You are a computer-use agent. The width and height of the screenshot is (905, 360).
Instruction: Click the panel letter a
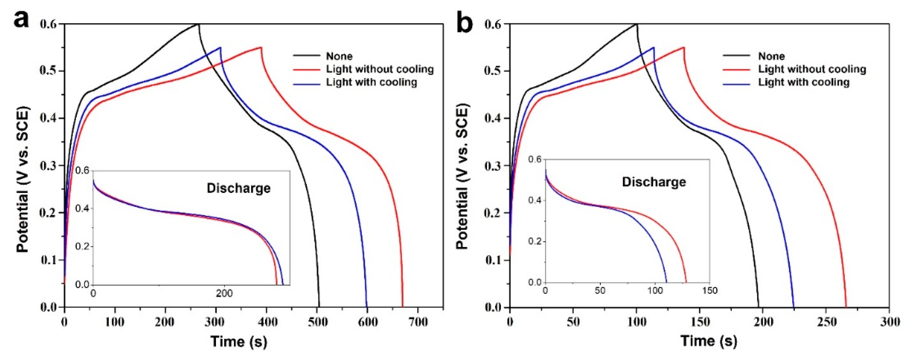[21, 19]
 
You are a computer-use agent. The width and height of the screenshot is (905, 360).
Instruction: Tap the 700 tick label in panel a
[418, 322]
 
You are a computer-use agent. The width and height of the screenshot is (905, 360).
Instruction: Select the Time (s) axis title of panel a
[239, 341]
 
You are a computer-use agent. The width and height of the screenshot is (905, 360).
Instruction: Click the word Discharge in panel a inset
[239, 188]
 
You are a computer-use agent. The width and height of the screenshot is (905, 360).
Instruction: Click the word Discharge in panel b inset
[654, 182]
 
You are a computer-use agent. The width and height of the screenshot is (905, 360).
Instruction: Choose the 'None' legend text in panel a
[339, 56]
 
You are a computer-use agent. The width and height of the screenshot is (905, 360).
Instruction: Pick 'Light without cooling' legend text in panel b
[812, 69]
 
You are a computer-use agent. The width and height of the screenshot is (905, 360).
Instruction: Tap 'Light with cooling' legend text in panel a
[371, 82]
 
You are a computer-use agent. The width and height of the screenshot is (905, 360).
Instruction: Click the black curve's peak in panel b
[637, 24]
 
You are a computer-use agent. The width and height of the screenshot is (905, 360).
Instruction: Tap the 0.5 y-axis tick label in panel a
[49, 71]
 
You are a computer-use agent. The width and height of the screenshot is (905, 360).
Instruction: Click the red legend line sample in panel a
[306, 69]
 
